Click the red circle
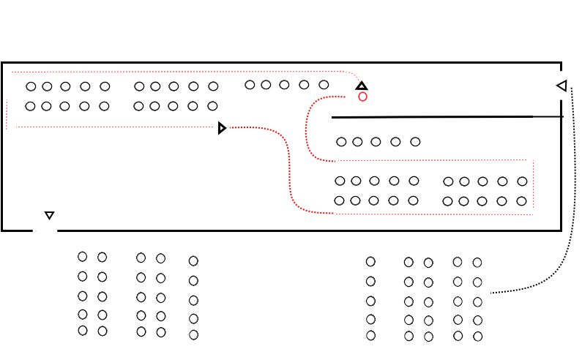point(362,97)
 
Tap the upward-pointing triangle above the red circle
point(361,86)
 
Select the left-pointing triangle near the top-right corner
point(562,86)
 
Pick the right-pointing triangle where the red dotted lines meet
point(223,129)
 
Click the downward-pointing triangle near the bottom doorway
point(49,215)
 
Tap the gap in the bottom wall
point(45,230)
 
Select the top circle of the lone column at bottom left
point(193,260)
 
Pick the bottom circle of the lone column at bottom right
point(370,335)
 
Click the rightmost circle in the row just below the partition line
point(415,142)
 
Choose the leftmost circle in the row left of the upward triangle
point(250,85)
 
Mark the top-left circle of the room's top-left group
point(31,86)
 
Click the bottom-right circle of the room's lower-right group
point(521,201)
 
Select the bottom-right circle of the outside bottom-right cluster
point(477,337)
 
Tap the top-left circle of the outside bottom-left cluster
point(82,257)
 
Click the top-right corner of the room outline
point(561,63)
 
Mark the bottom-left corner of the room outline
point(2,230)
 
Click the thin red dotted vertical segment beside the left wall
point(7,113)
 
